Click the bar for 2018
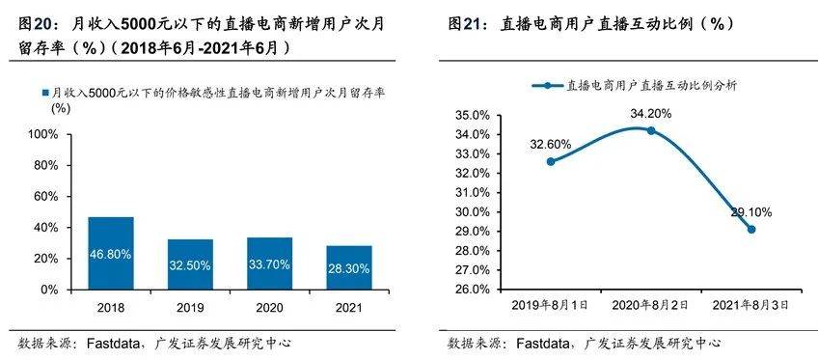coord(111,253)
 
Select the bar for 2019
coord(190,263)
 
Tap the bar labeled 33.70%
coord(269,263)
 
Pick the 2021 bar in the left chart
coord(348,267)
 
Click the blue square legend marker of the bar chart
coord(44,93)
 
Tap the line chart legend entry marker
coord(546,85)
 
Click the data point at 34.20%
coord(650,130)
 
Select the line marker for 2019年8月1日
coord(550,161)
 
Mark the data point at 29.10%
coord(750,229)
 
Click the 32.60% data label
coord(550,144)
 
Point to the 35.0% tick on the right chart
coord(477,115)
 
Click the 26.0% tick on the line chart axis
coord(477,289)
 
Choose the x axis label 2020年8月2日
coord(650,305)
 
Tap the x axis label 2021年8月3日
coord(750,305)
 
